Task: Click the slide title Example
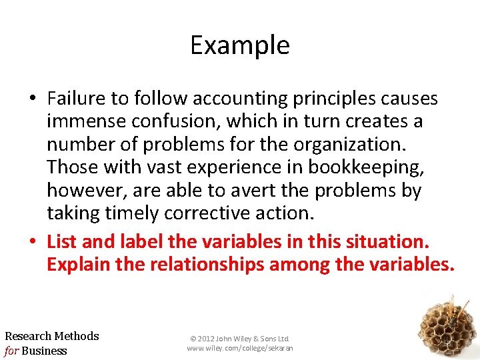(x=240, y=45)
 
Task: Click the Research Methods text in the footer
(x=52, y=336)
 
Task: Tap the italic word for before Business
(x=11, y=351)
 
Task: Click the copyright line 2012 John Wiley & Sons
(x=240, y=339)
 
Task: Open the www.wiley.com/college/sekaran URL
(x=240, y=348)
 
